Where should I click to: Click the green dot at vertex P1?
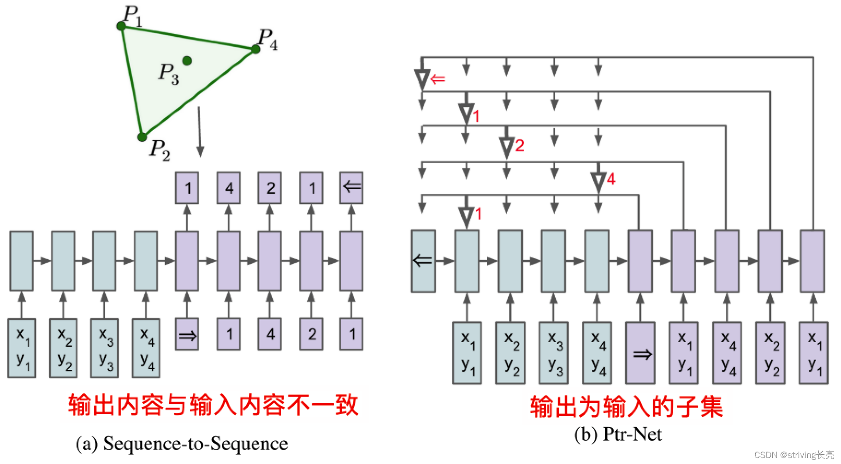pyautogui.click(x=122, y=26)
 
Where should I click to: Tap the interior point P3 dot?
pyautogui.click(x=187, y=60)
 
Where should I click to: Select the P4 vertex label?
pyautogui.click(x=267, y=39)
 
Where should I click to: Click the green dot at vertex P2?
pyautogui.click(x=142, y=137)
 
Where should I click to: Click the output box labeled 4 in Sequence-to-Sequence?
pyautogui.click(x=229, y=188)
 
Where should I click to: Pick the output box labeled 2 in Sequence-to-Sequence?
pyautogui.click(x=270, y=188)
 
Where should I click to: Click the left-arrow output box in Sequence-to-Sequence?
pyautogui.click(x=352, y=188)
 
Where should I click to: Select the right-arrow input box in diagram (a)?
pyautogui.click(x=187, y=334)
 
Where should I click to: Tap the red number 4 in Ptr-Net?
pyautogui.click(x=611, y=179)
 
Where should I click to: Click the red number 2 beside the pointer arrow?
pyautogui.click(x=520, y=146)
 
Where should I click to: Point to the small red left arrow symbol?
pyautogui.click(x=438, y=79)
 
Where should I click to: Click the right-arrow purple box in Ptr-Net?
pyautogui.click(x=640, y=353)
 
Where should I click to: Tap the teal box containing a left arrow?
pyautogui.click(x=423, y=262)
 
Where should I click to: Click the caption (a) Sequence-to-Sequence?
pyautogui.click(x=182, y=444)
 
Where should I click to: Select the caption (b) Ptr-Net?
pyautogui.click(x=618, y=434)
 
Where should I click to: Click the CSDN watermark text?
pyautogui.click(x=794, y=455)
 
